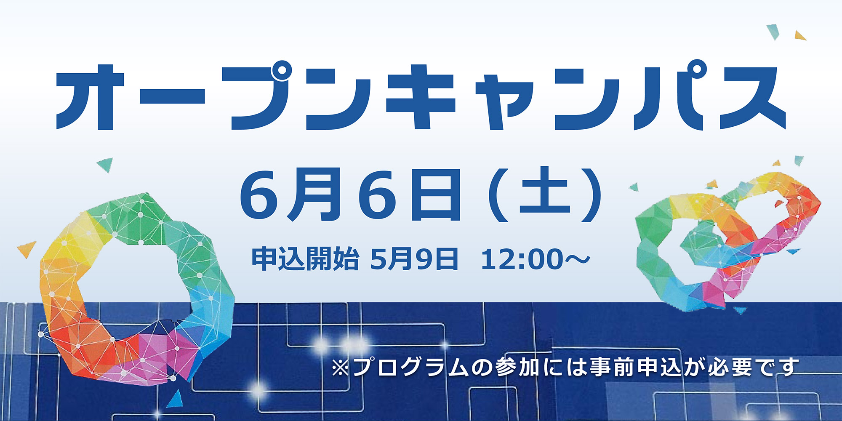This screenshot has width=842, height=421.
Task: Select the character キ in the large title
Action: point(421,98)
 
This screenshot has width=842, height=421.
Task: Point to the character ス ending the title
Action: point(754,98)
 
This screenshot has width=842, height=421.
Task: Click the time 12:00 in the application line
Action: point(522,259)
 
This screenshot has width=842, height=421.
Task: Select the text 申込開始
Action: point(305,258)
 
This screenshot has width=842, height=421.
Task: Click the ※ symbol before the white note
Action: point(340,368)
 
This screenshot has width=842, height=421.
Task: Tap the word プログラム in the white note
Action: point(410,368)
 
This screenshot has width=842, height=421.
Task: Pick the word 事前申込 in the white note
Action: point(636,368)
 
